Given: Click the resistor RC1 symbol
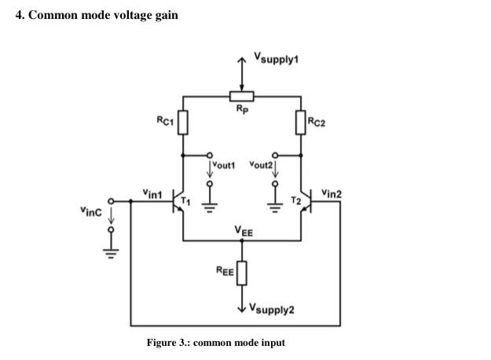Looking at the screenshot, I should tap(182, 122).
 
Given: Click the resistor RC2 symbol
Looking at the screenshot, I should tap(300, 122).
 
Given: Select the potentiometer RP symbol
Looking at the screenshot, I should tap(241, 96).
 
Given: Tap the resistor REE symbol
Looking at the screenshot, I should tap(241, 273).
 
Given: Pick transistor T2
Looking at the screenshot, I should tap(305, 202).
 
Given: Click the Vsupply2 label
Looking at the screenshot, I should tap(272, 309).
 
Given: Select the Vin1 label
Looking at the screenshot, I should tap(152, 192).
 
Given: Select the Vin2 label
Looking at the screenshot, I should tap(331, 193).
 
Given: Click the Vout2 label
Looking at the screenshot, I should tap(259, 166).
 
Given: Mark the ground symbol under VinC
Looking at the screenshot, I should tap(111, 254).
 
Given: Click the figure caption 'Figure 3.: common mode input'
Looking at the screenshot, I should tap(215, 343).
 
